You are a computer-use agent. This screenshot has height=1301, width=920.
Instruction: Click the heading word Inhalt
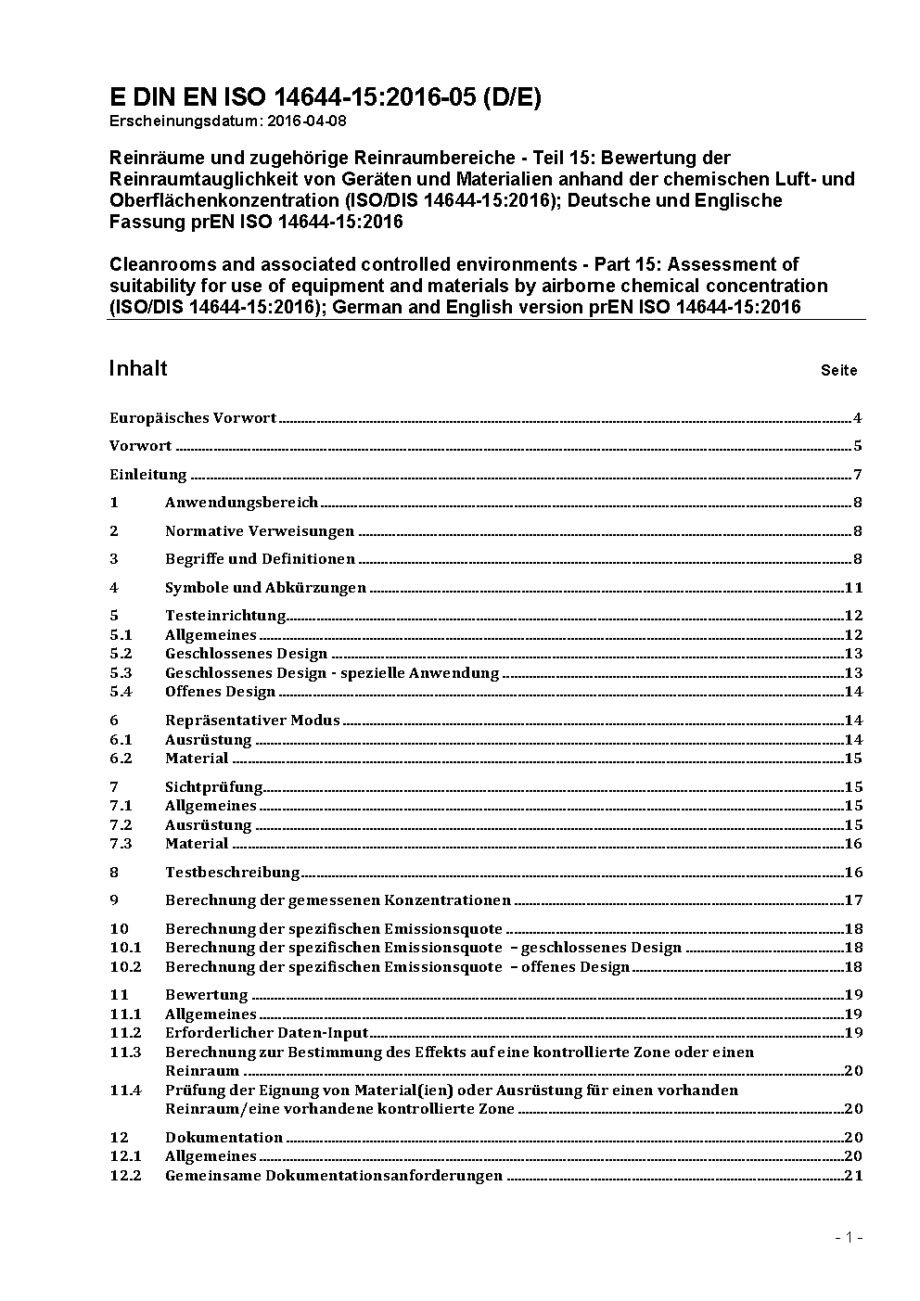click(x=138, y=368)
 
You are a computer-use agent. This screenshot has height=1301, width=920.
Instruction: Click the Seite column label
click(x=838, y=371)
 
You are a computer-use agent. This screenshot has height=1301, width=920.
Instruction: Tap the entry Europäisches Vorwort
click(x=193, y=418)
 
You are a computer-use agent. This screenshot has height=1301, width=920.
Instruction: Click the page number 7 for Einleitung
click(x=858, y=475)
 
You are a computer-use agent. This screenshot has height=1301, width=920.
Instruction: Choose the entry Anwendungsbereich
click(x=241, y=503)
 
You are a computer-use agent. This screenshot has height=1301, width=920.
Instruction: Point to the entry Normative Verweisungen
click(x=260, y=531)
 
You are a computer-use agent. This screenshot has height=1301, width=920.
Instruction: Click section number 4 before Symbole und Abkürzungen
click(x=114, y=588)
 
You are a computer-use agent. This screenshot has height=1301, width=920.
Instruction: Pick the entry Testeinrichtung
click(x=225, y=616)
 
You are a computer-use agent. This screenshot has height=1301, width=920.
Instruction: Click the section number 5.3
click(x=121, y=673)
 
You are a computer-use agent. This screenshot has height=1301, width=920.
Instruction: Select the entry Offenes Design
click(x=220, y=692)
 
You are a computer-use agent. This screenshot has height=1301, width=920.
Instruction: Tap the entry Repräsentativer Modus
click(x=252, y=721)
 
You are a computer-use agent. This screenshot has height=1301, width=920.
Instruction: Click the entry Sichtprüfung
click(x=214, y=787)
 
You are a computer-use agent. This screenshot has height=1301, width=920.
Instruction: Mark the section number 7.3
click(x=121, y=844)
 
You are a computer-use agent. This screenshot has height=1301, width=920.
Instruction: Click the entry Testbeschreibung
click(x=233, y=873)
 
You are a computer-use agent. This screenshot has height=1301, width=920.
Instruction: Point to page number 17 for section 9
click(x=853, y=900)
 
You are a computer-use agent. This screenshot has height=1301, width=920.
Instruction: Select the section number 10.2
click(x=125, y=967)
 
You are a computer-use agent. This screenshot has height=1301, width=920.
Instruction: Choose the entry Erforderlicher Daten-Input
click(x=267, y=1033)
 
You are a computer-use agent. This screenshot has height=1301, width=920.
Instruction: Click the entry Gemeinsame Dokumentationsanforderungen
click(x=334, y=1176)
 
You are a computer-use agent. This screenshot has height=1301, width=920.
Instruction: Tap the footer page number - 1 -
click(x=849, y=1237)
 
